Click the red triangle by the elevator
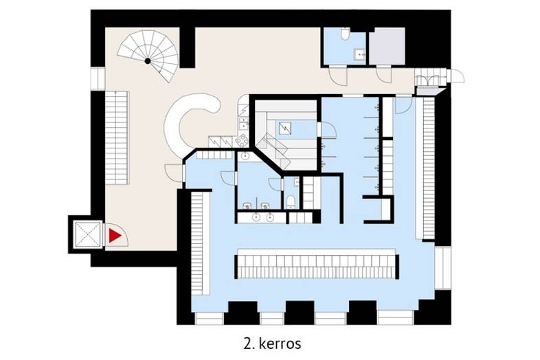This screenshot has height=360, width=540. point(114,236)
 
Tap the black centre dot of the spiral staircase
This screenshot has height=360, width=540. point(148,61)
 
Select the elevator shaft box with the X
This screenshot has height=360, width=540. point(88,234)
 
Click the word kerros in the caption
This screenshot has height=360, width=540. point(280,344)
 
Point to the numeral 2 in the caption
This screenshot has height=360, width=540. point(247,344)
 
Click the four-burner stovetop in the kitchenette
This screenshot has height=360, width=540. point(242,140)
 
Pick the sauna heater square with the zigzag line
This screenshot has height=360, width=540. point(285,128)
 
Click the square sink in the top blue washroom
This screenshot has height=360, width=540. point(360,54)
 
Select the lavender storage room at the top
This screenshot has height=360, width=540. point(387,46)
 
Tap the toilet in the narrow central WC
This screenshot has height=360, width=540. point(291,202)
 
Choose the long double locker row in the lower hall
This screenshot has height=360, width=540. point(317,267)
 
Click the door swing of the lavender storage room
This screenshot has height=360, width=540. point(384,74)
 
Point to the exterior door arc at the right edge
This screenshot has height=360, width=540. point(458,76)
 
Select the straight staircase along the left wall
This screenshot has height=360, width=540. point(117,138)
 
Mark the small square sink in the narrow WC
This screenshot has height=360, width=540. point(297,182)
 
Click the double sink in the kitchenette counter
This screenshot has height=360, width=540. point(243,124)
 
